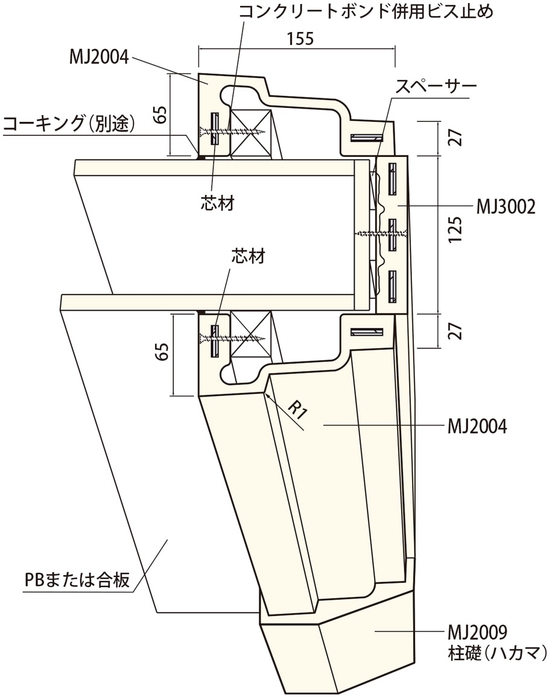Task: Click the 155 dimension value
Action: pyautogui.click(x=300, y=39)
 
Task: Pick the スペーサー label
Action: pyautogui.click(x=436, y=86)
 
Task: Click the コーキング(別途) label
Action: pyautogui.click(x=69, y=125)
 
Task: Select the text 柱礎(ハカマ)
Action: pyautogui.click(x=497, y=652)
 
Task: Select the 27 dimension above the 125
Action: pyautogui.click(x=456, y=138)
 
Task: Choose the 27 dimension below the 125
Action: pyautogui.click(x=456, y=331)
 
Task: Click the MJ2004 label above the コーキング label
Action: pyautogui.click(x=99, y=58)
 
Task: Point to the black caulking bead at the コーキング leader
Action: pyautogui.click(x=199, y=157)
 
